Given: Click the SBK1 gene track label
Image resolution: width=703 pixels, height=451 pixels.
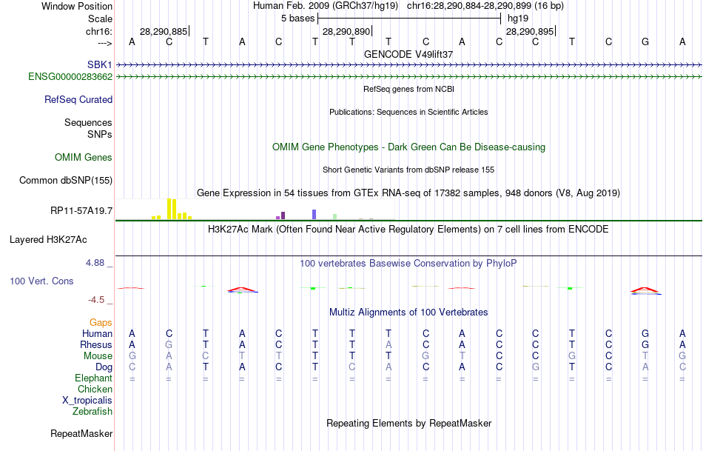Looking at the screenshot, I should coord(100,64).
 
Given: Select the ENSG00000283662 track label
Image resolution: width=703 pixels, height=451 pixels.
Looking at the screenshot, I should coord(70,76).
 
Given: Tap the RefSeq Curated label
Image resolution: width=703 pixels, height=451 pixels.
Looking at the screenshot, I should coord(78,99).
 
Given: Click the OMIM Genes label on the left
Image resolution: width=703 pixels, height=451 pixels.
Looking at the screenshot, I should coord(84,157).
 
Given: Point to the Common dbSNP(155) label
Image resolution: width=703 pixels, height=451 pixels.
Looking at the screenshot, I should coord(66,180).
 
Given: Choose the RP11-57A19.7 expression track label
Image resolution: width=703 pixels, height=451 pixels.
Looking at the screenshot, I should coord(81,211).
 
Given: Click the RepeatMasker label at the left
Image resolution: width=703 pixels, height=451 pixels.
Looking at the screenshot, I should coord(81,433).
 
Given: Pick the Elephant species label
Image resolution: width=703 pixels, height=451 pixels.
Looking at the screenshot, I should coord(94,378).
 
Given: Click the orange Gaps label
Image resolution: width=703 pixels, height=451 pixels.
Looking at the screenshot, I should coord(101,322).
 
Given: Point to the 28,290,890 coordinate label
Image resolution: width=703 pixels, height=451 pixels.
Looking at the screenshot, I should coord(346,31).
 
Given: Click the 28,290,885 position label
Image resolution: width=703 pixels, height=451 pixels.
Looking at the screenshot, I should coord(164,31).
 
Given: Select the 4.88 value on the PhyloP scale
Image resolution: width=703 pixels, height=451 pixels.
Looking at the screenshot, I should coord(98,262).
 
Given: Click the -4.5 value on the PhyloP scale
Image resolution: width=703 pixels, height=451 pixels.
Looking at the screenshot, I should coord(100,300).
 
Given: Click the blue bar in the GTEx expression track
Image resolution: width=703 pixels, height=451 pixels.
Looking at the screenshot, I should coord(314,214).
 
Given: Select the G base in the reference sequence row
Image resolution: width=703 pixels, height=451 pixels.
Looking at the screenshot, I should coord(645,41).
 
